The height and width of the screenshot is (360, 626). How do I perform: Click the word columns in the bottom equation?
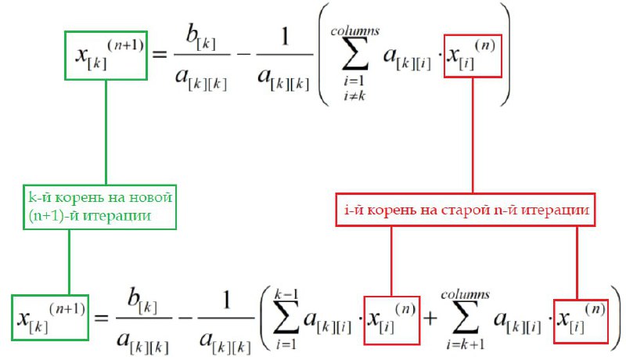pos(465,293)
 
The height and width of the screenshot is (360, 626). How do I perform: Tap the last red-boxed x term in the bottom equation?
pos(581,321)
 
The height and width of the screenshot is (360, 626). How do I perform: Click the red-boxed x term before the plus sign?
pos(391,321)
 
